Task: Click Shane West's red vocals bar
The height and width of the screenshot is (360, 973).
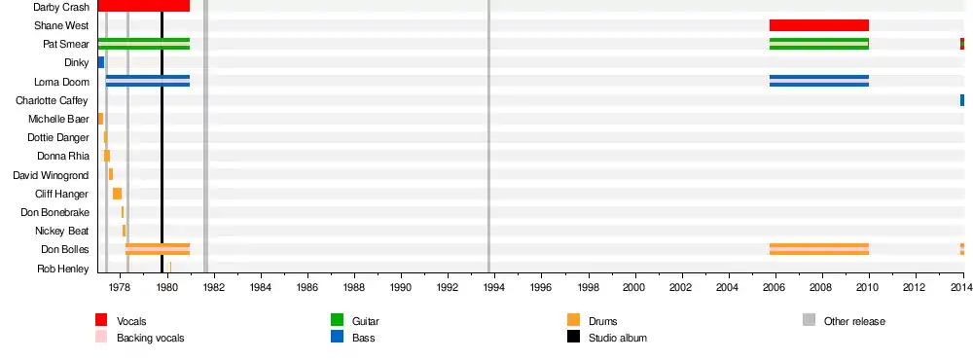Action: [819, 25]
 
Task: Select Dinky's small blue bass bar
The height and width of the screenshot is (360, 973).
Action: [101, 62]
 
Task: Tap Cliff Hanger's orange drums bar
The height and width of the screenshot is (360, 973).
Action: [118, 194]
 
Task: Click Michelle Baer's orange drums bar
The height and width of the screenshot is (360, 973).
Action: [100, 119]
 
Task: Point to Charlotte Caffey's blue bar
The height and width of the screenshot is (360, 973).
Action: [962, 100]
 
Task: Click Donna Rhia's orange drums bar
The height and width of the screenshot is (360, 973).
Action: [107, 156]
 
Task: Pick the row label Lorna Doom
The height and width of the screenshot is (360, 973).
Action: [61, 82]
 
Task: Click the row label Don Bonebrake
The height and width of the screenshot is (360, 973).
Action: [54, 212]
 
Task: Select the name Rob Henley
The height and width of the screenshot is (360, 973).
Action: [62, 269]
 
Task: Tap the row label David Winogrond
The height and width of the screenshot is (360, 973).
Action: [51, 175]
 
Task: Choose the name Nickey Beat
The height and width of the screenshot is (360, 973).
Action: [62, 231]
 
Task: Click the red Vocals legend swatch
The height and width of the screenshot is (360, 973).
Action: [101, 320]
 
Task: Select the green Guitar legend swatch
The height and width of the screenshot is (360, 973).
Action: [337, 320]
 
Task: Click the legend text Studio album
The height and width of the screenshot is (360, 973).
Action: [618, 338]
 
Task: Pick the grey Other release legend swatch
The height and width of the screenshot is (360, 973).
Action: [809, 320]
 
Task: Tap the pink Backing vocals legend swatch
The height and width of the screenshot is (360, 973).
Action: [101, 337]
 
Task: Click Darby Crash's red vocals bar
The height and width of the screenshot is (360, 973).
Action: [144, 6]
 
